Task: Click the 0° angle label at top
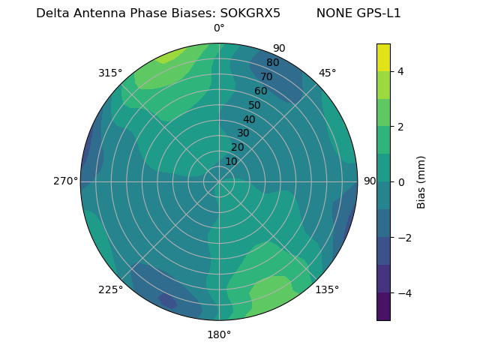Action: click(x=219, y=28)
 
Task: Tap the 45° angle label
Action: click(x=327, y=73)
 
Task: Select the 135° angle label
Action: click(x=327, y=289)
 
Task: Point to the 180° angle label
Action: click(x=219, y=334)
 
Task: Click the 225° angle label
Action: click(x=110, y=289)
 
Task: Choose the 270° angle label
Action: click(x=65, y=181)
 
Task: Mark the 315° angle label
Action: click(x=110, y=73)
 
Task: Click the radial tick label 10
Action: click(x=231, y=161)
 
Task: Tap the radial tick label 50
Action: click(x=254, y=106)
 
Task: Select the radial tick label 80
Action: click(x=272, y=63)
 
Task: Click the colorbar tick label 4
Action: click(x=401, y=71)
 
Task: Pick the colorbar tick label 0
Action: click(x=401, y=181)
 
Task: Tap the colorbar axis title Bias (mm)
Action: click(x=421, y=181)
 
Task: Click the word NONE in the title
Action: click(x=332, y=13)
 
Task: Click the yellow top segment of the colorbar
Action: click(x=383, y=57)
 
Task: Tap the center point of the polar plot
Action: click(x=219, y=181)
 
